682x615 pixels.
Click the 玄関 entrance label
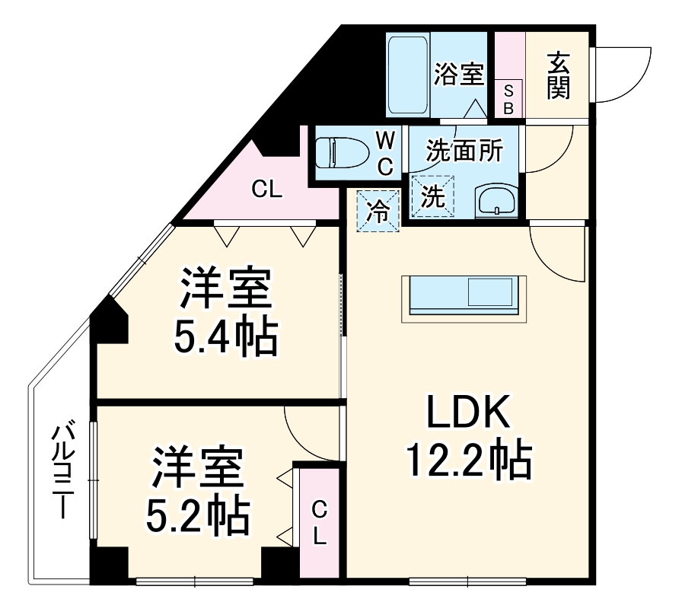pyautogui.click(x=558, y=75)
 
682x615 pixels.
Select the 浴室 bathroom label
pyautogui.click(x=459, y=75)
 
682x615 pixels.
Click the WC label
pyautogui.click(x=386, y=152)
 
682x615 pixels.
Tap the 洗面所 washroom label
pyautogui.click(x=464, y=150)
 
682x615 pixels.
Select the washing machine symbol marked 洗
pyautogui.click(x=432, y=197)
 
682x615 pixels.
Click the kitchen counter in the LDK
pyautogui.click(x=462, y=295)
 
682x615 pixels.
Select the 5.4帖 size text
pyautogui.click(x=225, y=337)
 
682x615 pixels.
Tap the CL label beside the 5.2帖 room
pyautogui.click(x=320, y=521)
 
